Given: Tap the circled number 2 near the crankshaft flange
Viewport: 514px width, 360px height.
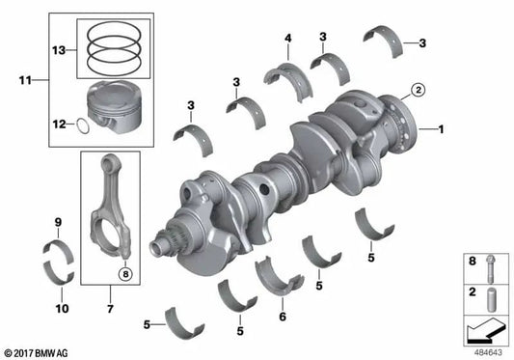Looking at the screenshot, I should coord(417,91).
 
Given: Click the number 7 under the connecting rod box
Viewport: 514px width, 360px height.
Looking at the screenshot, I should coord(110,310).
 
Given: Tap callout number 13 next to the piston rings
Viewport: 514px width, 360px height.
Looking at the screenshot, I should coord(58,49).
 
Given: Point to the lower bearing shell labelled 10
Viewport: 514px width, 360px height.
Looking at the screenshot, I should coord(59,271).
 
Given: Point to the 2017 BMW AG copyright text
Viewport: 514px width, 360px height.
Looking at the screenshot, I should coord(40,352).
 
